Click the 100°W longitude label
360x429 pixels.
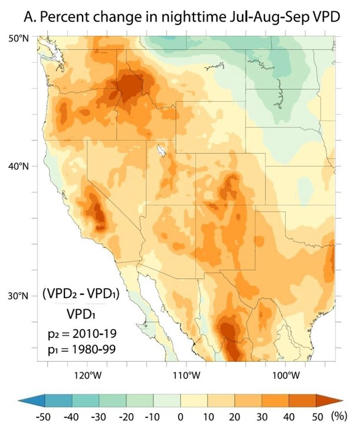[285, 374]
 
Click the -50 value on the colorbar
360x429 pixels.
[45, 418]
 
